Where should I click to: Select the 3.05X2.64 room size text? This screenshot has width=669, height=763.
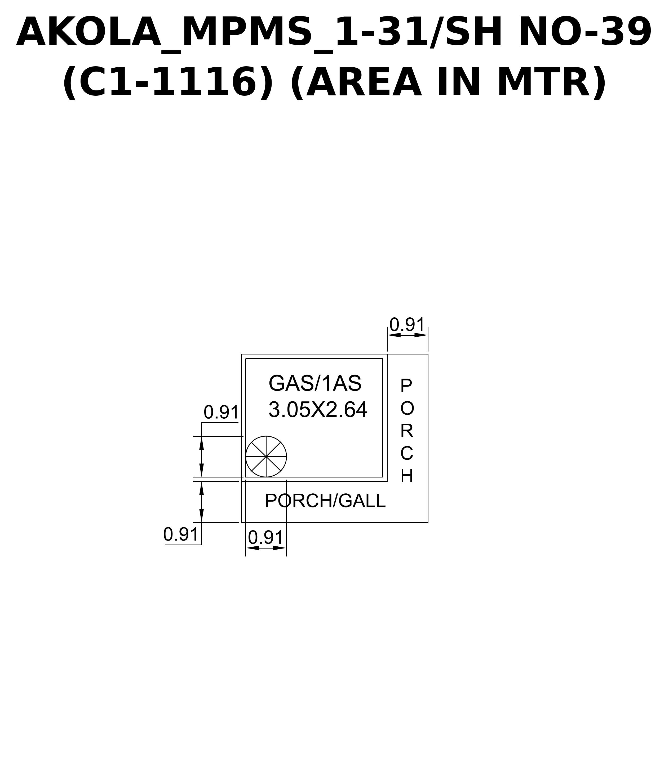coord(318,410)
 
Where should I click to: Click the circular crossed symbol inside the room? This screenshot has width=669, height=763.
coord(266,456)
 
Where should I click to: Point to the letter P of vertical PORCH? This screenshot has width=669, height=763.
coord(406,386)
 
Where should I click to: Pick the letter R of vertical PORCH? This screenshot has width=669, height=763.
coord(407,431)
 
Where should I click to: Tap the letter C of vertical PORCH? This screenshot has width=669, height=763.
coord(407,454)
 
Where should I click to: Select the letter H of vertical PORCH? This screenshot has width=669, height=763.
coord(407,476)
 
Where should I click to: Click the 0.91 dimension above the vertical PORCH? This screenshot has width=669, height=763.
coord(407,325)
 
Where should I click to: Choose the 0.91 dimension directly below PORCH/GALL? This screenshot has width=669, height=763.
coord(266,538)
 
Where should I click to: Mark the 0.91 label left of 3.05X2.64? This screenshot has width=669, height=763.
coord(221,413)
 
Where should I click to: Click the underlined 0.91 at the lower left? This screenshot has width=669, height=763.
coord(181,534)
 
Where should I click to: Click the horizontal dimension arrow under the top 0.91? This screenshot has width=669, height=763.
coord(407,335)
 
